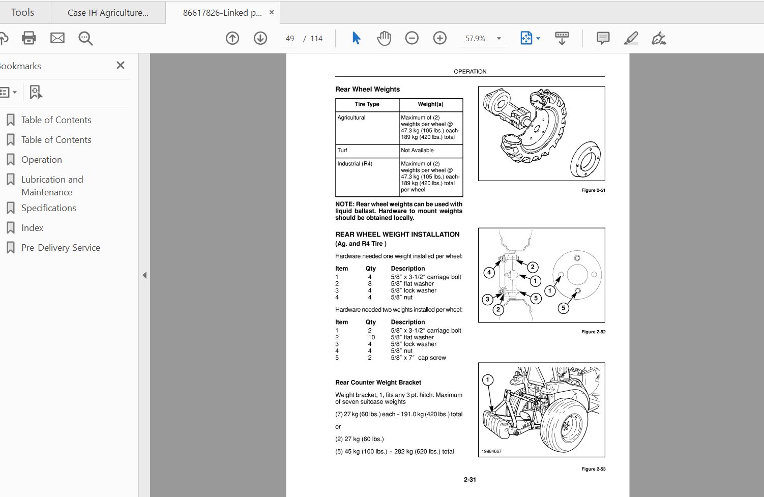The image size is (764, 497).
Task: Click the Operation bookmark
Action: click(x=41, y=160)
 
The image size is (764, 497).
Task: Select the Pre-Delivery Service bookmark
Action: click(x=61, y=248)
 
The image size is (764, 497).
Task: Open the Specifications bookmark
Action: click(x=48, y=208)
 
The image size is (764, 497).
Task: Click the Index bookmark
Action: click(x=32, y=228)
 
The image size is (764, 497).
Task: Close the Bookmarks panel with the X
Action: click(x=121, y=65)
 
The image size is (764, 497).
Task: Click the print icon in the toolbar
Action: click(x=29, y=38)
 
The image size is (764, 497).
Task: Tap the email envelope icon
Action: click(x=57, y=38)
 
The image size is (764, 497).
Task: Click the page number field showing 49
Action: click(x=290, y=39)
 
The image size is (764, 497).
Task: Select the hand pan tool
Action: click(x=384, y=38)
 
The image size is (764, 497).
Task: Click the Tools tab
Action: click(x=23, y=12)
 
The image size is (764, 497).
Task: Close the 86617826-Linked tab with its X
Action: click(x=272, y=12)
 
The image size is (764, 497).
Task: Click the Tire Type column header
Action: click(x=367, y=104)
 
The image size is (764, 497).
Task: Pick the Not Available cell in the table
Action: click(x=417, y=151)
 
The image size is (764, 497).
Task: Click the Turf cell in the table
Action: click(x=342, y=151)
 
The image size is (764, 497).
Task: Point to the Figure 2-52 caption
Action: click(x=593, y=332)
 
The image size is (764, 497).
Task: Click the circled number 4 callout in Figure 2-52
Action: click(x=489, y=272)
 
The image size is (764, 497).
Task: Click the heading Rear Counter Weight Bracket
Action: click(x=378, y=383)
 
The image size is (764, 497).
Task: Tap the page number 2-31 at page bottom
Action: click(x=469, y=480)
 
